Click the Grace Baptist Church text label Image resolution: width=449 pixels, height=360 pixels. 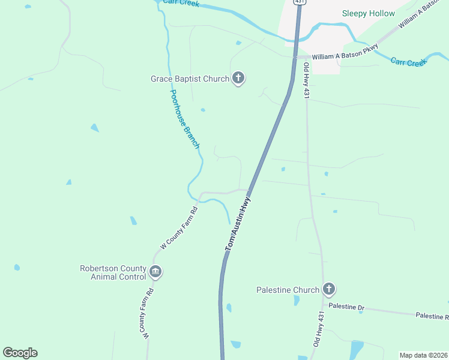[x=190, y=79]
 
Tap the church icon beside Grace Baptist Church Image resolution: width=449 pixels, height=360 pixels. [x=238, y=78]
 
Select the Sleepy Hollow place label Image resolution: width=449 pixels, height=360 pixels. [x=369, y=13]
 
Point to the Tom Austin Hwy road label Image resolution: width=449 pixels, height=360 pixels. [x=237, y=226]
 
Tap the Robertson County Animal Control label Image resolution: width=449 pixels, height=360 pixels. [x=113, y=272]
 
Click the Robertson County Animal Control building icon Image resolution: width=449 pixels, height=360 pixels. [x=155, y=272]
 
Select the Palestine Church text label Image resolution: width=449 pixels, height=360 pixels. [x=288, y=290]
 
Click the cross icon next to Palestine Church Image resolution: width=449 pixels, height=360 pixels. [x=328, y=290]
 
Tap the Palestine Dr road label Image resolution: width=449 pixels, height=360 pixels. [x=346, y=307]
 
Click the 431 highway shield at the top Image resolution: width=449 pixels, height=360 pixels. [x=300, y=2]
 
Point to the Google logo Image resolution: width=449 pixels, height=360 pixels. [x=20, y=353]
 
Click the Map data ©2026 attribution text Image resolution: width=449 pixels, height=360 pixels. [x=423, y=355]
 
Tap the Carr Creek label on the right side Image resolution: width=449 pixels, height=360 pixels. [x=408, y=61]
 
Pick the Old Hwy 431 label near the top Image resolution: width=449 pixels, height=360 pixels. [x=306, y=80]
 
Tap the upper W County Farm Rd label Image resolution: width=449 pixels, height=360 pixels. [x=179, y=228]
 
